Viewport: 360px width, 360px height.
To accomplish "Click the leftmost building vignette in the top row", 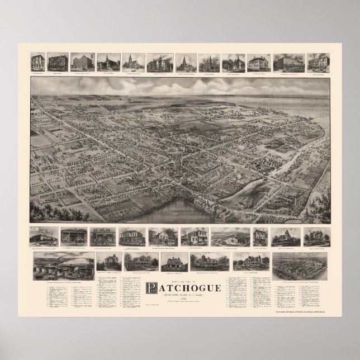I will click(37, 61).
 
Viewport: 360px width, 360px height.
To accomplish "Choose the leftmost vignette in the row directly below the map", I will click(44, 236).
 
